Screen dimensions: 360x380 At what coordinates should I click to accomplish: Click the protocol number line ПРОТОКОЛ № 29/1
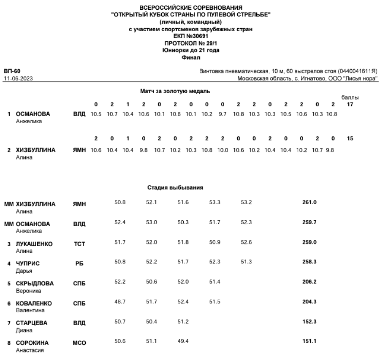tap(190, 43)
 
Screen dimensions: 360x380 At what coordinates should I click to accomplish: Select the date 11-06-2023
tap(19, 78)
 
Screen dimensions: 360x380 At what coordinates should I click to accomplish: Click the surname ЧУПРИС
tap(28, 264)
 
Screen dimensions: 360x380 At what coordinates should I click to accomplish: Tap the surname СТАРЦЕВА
tap(32, 323)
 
